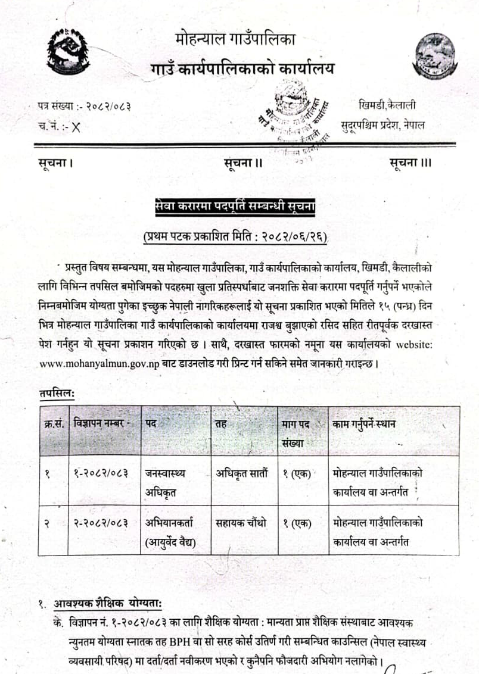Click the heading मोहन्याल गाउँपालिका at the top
pyautogui.click(x=236, y=40)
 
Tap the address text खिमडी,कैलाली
pyautogui.click(x=388, y=106)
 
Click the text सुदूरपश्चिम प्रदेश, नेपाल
pyautogui.click(x=383, y=125)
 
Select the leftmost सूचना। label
pyautogui.click(x=57, y=162)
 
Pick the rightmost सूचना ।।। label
pyautogui.click(x=410, y=162)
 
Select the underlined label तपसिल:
pyautogui.click(x=55, y=393)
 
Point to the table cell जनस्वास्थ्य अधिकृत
pyautogui.click(x=165, y=480)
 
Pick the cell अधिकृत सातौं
pyautogui.click(x=242, y=474)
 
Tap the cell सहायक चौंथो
pyautogui.click(x=241, y=523)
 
